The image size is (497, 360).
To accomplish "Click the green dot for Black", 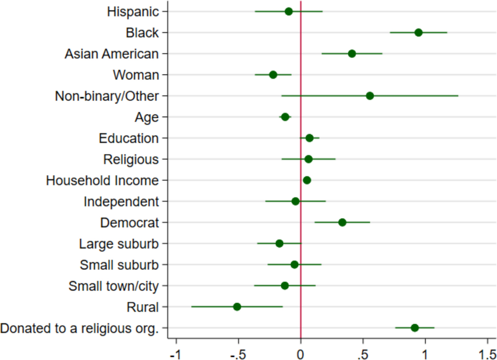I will click(x=418, y=32).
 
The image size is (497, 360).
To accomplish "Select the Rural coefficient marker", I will click(x=237, y=307).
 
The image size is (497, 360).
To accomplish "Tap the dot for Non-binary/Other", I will click(x=370, y=96).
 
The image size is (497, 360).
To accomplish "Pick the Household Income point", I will click(x=307, y=180).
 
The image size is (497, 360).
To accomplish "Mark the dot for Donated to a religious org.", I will click(x=414, y=328).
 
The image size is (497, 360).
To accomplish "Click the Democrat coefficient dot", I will click(x=342, y=222).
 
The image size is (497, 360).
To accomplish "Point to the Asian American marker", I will click(x=352, y=54).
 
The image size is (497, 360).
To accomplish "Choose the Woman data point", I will click(x=273, y=75).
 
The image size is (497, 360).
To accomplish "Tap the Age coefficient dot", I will click(x=285, y=117).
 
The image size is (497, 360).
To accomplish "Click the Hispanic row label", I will click(x=133, y=12).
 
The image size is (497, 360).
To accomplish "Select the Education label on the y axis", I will click(x=128, y=138).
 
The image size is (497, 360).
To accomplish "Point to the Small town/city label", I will click(x=113, y=286).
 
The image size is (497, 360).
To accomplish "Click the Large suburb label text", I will click(x=119, y=244).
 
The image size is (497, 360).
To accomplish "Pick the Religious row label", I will click(x=131, y=159).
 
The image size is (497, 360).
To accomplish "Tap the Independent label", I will click(x=121, y=202).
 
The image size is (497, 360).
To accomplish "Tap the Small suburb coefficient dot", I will click(x=294, y=265).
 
